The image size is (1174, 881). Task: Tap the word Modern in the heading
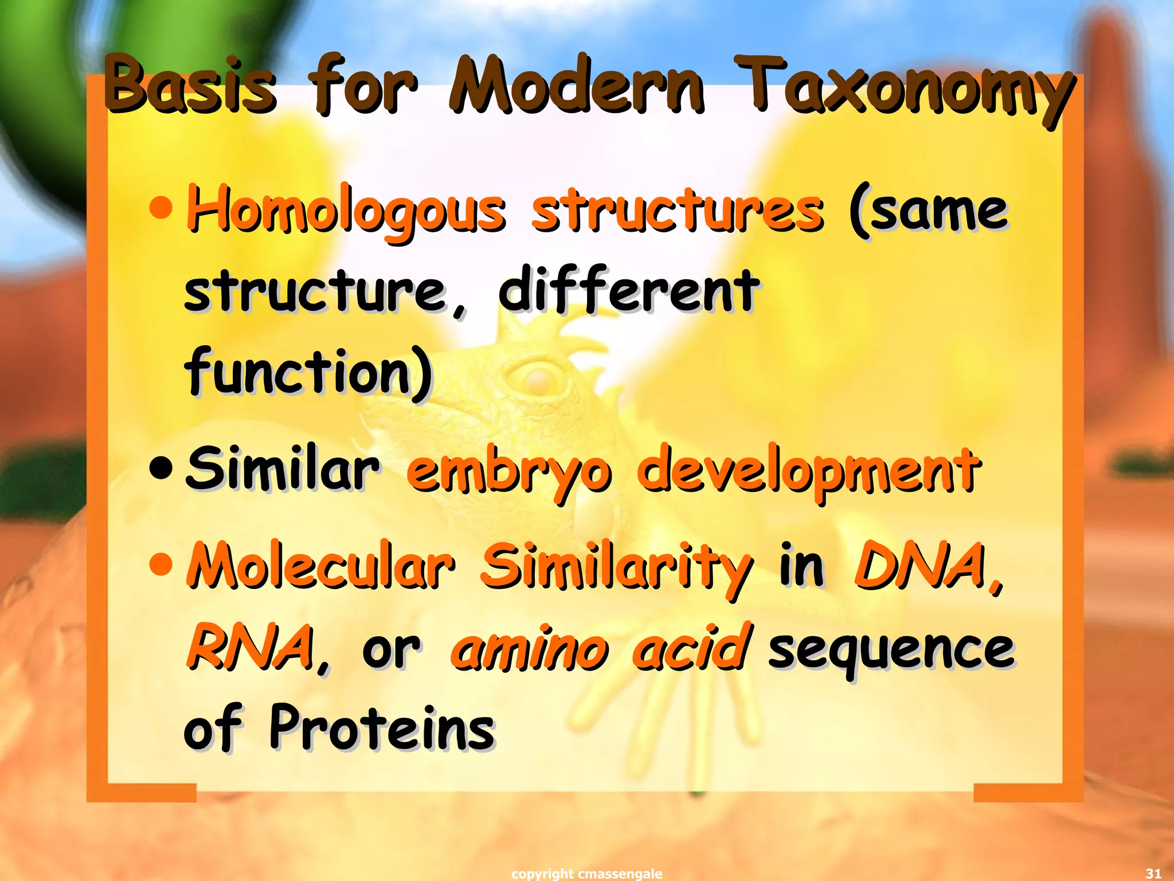576,86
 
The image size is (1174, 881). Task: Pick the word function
307,373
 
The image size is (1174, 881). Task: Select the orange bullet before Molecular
161,565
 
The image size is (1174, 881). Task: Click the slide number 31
1153,874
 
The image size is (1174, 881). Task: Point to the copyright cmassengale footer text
586,874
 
